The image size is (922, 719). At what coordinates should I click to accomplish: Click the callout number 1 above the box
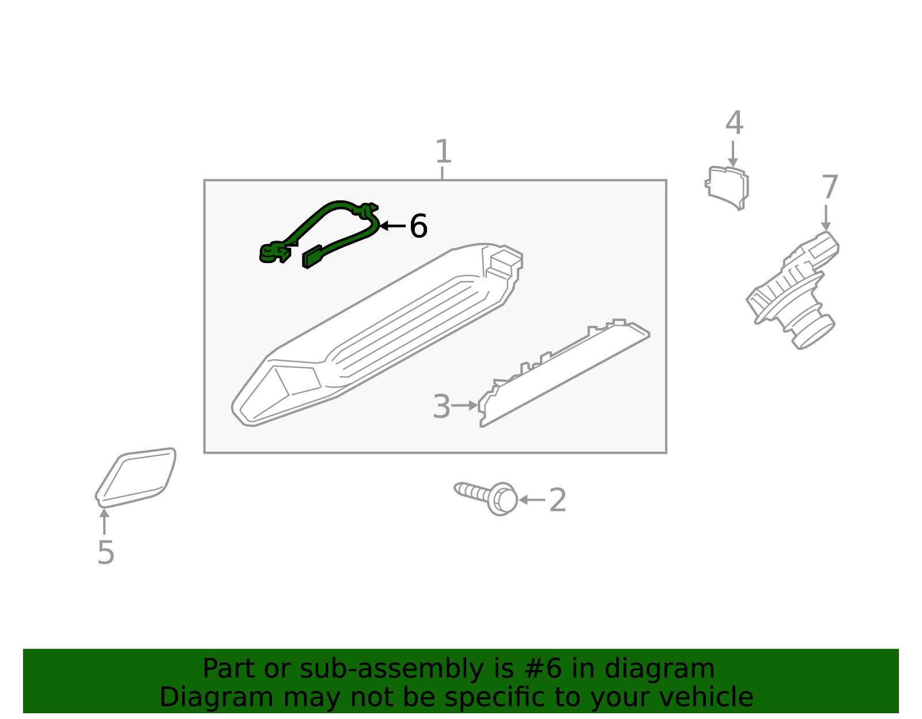(443, 151)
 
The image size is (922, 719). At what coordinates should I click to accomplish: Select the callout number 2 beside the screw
(558, 500)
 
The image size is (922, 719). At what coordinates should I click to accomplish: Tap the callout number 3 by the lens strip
(441, 406)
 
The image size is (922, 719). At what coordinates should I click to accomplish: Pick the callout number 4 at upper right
(735, 123)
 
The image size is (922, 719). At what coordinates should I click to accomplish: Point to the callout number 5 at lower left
(105, 553)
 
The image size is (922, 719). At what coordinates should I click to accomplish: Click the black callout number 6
(418, 226)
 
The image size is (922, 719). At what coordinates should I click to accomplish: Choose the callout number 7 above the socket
(830, 187)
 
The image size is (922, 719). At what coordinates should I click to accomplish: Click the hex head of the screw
(503, 500)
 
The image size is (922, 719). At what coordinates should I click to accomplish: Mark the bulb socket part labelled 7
(792, 290)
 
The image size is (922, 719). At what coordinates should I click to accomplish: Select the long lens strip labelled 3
(564, 373)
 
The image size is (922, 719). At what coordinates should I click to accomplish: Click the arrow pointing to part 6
(392, 226)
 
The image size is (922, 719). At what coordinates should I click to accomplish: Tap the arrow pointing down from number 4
(733, 154)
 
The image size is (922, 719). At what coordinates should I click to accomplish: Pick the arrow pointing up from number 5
(104, 522)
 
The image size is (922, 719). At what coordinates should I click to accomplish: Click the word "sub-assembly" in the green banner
(391, 669)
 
